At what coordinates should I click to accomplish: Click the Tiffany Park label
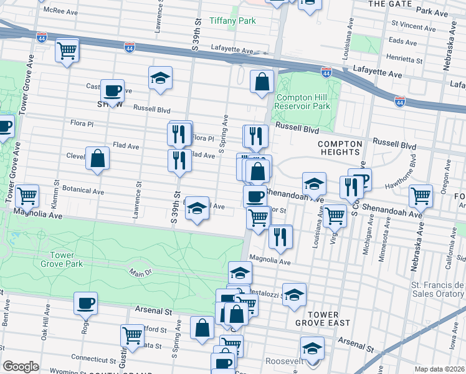[x=233, y=21]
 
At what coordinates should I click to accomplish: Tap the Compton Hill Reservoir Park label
[x=303, y=102]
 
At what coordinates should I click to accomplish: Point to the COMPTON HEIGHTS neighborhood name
[x=339, y=147]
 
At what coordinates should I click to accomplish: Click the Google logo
[x=21, y=367]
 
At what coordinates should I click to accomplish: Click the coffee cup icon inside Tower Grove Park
[x=85, y=304]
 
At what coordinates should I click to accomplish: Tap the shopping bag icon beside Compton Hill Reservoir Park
[x=262, y=81]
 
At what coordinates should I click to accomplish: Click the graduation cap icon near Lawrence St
[x=160, y=78]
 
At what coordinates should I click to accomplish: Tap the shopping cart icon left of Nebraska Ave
[x=421, y=195]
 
